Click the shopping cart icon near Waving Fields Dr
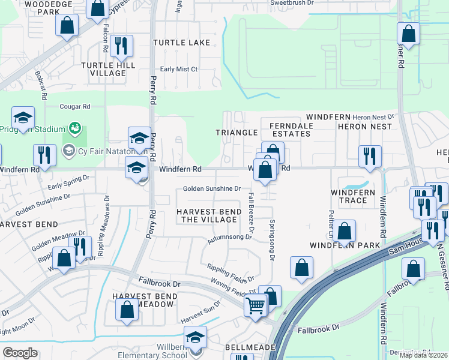(x=256, y=305)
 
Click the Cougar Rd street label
(x=74, y=107)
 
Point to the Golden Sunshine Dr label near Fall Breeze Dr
(x=212, y=188)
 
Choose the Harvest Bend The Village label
(x=208, y=215)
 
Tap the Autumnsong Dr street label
(x=230, y=237)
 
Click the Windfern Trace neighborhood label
(x=353, y=196)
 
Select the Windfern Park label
(x=345, y=245)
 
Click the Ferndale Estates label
(x=291, y=129)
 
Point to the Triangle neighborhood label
(x=237, y=132)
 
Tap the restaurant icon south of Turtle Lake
(x=122, y=46)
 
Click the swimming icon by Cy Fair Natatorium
(x=75, y=128)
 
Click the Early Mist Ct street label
(x=179, y=70)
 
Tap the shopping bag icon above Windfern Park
(x=345, y=230)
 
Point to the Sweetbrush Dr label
(x=292, y=3)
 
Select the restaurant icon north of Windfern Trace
(x=370, y=156)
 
